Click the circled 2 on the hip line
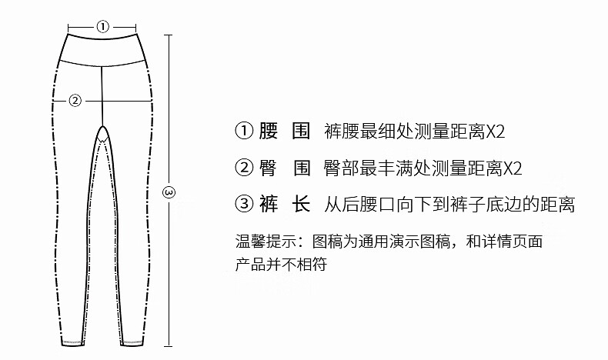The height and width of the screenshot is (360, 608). (x=75, y=99)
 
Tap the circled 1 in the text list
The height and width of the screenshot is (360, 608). (x=244, y=130)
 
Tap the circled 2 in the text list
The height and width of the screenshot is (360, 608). (x=244, y=167)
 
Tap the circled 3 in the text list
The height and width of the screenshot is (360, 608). (x=244, y=204)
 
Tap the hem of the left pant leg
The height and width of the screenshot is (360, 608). (x=72, y=341)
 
